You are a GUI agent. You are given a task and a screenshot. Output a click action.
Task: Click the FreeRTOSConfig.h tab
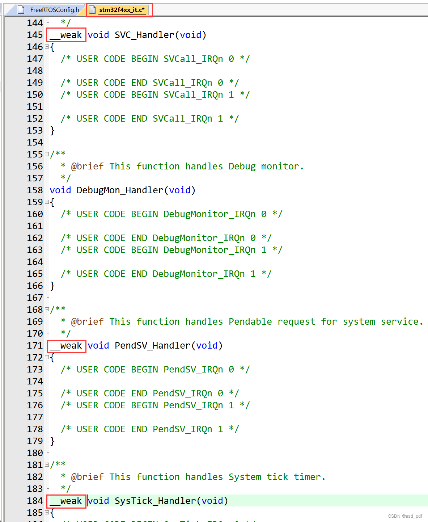(54, 10)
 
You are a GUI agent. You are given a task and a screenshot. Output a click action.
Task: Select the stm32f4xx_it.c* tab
(122, 10)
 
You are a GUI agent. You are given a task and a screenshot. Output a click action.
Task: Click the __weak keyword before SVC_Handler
(66, 35)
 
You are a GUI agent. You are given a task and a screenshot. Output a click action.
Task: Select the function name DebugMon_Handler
(120, 190)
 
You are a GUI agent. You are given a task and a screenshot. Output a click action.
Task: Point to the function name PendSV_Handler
(152, 346)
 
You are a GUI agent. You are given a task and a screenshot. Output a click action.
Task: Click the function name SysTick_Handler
(155, 501)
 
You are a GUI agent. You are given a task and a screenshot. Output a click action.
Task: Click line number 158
(35, 190)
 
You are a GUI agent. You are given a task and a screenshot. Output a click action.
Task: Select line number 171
(35, 346)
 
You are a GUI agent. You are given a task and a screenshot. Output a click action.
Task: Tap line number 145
(35, 35)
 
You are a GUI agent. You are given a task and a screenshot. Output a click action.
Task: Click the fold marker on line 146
(47, 47)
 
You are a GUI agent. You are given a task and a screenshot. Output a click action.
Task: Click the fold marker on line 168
(47, 310)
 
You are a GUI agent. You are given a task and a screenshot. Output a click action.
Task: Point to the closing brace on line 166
(52, 286)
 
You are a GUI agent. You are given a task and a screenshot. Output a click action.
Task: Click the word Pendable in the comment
(250, 322)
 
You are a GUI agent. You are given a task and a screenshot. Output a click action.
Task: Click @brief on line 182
(87, 477)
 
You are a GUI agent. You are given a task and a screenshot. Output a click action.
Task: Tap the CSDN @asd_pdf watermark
(405, 516)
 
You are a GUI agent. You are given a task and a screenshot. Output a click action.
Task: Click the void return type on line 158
(60, 190)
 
